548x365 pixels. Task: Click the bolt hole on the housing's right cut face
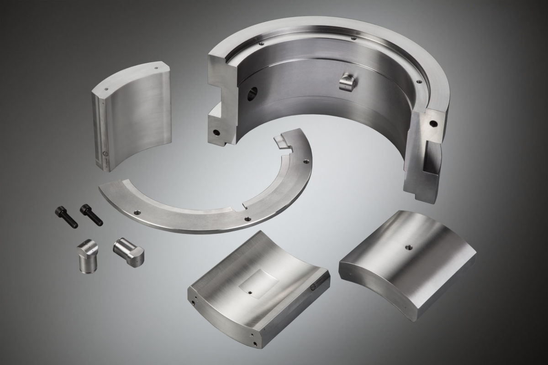pos(432,123)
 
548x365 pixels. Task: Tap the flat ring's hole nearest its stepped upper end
pos(305,161)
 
